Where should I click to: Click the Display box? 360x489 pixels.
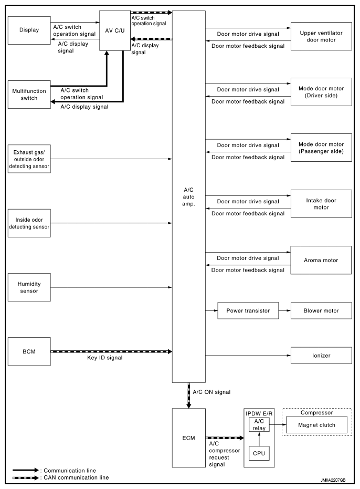point(29,30)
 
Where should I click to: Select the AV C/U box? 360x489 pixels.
point(115,30)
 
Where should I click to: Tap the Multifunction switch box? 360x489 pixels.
point(29,95)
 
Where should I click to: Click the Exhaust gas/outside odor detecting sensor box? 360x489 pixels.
point(29,159)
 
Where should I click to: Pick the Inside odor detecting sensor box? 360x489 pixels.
point(29,223)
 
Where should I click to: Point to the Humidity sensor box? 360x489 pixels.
point(29,287)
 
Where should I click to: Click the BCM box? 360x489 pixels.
point(29,351)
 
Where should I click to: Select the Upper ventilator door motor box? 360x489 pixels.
point(321,36)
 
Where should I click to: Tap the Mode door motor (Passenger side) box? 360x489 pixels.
point(321,148)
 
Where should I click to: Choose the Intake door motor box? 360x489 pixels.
point(321,204)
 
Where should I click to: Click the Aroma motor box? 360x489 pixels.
point(321,260)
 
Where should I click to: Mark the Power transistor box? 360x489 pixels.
point(248,310)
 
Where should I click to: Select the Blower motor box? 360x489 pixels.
point(321,310)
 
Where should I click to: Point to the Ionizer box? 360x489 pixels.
point(321,355)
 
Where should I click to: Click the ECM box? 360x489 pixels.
point(188,438)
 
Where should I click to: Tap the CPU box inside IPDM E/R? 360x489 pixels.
point(259,453)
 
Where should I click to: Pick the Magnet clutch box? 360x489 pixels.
point(316,425)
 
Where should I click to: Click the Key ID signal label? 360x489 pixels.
point(105,358)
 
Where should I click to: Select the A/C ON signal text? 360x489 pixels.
point(211,392)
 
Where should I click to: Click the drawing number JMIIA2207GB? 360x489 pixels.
point(333,480)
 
